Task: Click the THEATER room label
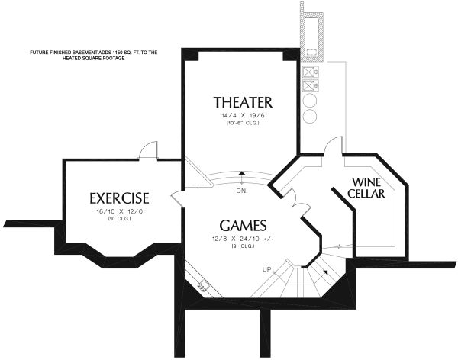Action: click(243, 102)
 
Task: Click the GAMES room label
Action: click(243, 226)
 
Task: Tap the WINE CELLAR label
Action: click(366, 188)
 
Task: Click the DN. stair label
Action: click(242, 190)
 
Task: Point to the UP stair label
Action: click(267, 270)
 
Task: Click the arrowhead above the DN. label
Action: click(242, 174)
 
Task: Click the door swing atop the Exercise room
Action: click(149, 150)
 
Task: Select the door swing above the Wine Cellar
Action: click(333, 146)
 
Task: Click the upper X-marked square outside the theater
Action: click(311, 73)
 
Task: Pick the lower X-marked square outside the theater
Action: click(311, 87)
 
